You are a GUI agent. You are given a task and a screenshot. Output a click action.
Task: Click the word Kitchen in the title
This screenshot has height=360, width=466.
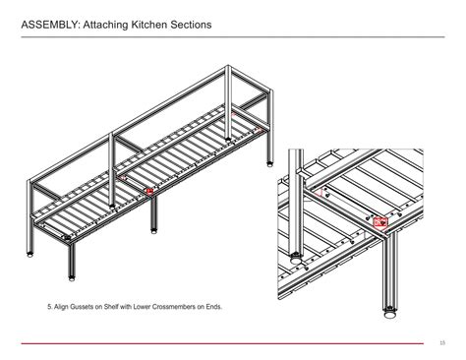pos(161,21)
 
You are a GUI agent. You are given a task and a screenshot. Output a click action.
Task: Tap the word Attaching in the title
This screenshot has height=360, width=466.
pos(113,21)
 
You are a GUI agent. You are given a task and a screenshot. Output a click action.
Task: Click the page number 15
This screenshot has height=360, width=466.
pos(443,342)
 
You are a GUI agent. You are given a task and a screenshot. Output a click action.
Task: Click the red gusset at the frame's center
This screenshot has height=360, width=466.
pos(149,191)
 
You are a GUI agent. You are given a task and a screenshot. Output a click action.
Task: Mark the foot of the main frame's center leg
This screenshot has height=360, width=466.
pos(153,234)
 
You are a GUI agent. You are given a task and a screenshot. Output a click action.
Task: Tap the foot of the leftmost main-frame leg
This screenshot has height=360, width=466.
pos(29,254)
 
